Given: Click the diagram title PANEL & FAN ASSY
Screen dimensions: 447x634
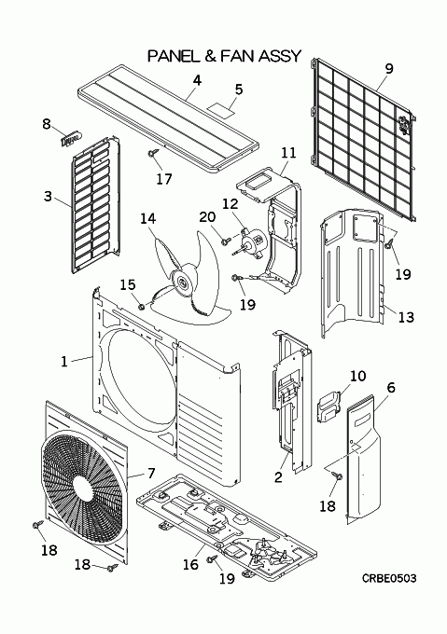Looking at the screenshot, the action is tap(224, 56).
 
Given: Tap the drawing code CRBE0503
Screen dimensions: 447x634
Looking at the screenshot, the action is tap(389, 579).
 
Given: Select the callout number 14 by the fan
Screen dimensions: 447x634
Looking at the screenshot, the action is tap(147, 218).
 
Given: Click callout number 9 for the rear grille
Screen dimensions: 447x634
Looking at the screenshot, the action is tap(388, 68).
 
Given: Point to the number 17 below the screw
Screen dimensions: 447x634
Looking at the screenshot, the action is tap(164, 178).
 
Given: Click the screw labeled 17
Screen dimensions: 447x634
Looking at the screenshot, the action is tap(153, 153).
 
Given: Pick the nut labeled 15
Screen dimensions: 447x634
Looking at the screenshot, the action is tap(141, 308).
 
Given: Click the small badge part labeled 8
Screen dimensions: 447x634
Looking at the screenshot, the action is tap(71, 139).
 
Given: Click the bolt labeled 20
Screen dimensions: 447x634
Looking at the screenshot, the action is tap(226, 241).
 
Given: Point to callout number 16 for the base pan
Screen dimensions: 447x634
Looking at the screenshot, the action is tap(190, 563).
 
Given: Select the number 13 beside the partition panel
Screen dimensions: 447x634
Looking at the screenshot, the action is tap(406, 317).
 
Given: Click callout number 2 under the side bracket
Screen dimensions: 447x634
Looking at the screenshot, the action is tap(278, 477).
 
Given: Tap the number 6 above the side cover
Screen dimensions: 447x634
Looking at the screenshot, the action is tap(391, 387).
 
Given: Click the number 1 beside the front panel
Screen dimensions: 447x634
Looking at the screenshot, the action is tap(63, 361).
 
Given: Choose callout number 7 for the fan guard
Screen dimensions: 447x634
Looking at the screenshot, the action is tap(151, 473).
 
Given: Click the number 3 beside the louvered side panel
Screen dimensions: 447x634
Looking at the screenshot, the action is tap(48, 196).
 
